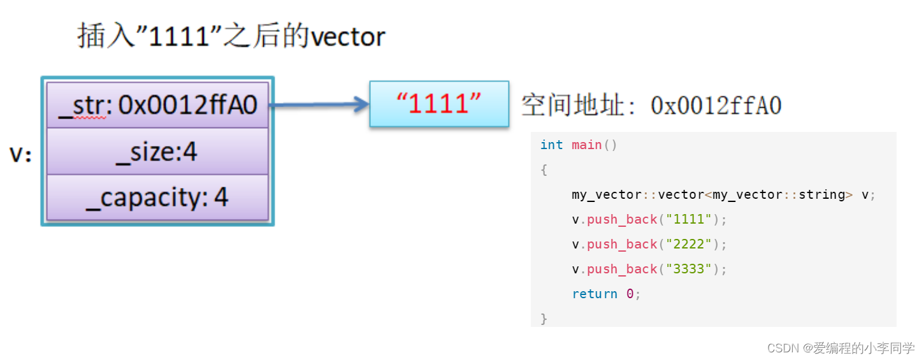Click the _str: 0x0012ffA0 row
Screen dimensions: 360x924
pos(157,105)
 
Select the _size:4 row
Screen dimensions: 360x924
pos(157,152)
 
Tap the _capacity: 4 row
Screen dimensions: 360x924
pos(157,198)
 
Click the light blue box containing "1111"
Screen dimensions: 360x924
pos(439,104)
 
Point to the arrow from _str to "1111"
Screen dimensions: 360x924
pos(319,105)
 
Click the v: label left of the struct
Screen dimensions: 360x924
pos(20,154)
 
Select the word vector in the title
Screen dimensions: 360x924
pos(348,36)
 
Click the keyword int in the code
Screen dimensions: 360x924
pos(551,145)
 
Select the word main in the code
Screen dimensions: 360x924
pos(586,145)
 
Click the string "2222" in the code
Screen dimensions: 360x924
pos(688,245)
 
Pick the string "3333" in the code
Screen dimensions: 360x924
pos(688,270)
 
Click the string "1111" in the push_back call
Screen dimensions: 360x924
pos(688,220)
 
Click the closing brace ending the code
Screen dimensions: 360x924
pos(544,319)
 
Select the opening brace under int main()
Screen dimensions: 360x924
pos(544,170)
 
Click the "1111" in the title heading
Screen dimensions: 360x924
pos(179,36)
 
